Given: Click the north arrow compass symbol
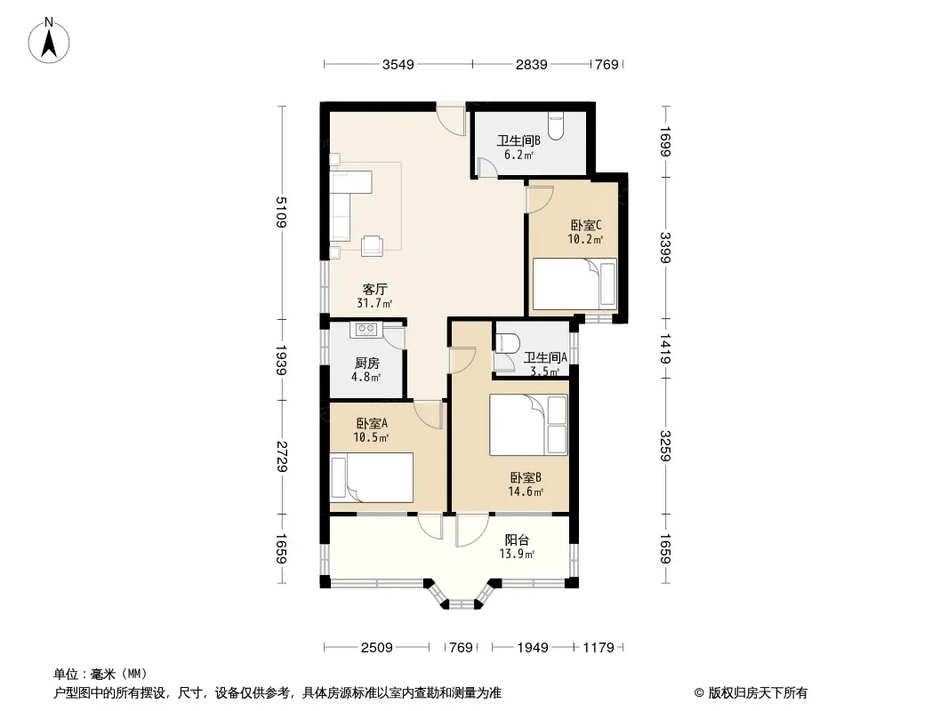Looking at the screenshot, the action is point(49,41).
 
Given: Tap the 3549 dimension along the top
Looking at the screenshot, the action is point(398,65).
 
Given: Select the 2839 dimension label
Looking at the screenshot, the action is point(532,65).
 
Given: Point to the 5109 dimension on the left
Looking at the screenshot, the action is point(281,212).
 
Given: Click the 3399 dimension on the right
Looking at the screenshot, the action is point(666,248).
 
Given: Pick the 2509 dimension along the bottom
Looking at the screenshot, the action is point(377,648).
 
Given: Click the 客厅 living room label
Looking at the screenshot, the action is point(375,290).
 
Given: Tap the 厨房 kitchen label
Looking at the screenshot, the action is point(367,363).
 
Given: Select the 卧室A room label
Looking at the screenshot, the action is point(372,423).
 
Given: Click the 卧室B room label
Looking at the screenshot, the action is point(526,478).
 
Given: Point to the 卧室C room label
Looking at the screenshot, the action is point(586,226).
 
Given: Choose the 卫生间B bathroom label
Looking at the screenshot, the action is point(518,140).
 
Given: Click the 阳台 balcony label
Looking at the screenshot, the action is point(517,540).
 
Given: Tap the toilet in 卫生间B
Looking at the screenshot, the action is point(556,126).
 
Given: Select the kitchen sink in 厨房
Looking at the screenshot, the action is point(366,329).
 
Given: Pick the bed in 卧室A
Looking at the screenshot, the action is point(371,478).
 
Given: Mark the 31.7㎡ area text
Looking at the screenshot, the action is point(374,303).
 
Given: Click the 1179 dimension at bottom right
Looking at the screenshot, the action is point(599,648).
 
